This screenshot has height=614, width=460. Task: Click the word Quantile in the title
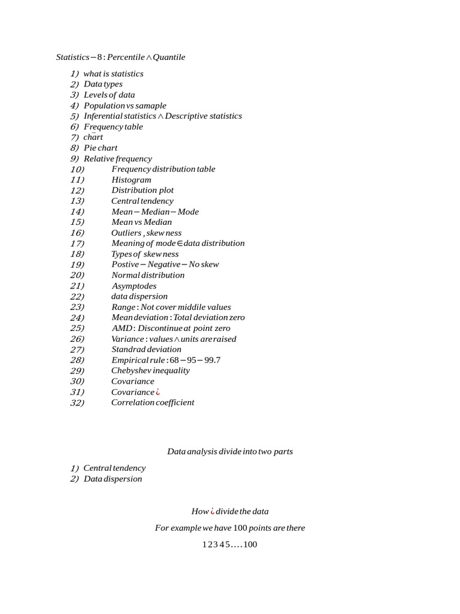[x=169, y=58]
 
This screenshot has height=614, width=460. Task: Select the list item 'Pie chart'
[x=100, y=148]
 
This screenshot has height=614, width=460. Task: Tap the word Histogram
[x=131, y=180]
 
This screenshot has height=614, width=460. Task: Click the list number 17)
[x=77, y=243]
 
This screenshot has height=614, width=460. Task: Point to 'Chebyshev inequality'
[x=150, y=371]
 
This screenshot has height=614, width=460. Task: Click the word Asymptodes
[x=134, y=286]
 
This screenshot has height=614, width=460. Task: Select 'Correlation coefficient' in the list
[x=153, y=402]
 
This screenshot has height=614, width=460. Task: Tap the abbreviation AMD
[x=122, y=328]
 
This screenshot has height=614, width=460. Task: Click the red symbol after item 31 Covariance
[x=158, y=392]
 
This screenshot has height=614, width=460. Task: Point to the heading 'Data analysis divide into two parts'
[x=229, y=452]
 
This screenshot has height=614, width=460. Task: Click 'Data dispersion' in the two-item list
[x=113, y=479]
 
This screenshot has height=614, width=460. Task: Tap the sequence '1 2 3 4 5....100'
[x=229, y=545]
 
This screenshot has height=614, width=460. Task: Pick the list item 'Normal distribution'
[x=148, y=275]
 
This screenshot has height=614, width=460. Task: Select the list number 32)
[x=77, y=402]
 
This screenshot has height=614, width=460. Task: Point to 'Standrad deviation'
[x=146, y=350]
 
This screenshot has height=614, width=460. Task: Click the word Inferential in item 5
[x=102, y=116]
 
